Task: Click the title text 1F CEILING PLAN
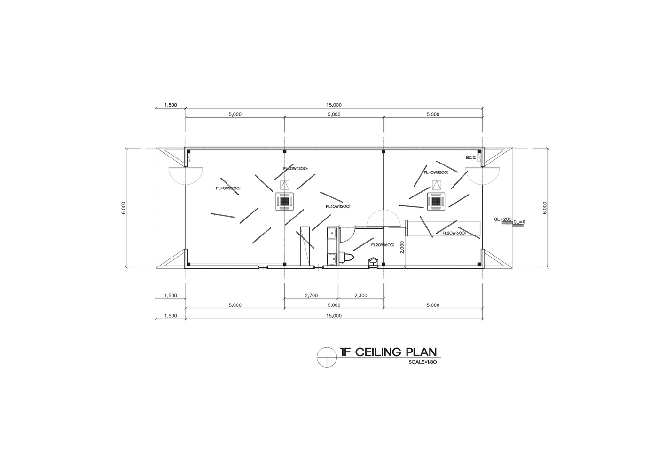(x=388, y=352)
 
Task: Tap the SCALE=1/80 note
(x=423, y=362)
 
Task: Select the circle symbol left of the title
(x=326, y=357)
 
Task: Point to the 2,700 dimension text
(x=311, y=296)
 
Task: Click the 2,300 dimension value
(x=360, y=296)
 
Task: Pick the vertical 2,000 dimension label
(x=402, y=247)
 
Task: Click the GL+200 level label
(x=502, y=219)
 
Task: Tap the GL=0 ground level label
(x=519, y=222)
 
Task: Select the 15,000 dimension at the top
(x=334, y=105)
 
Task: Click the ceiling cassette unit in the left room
(x=284, y=202)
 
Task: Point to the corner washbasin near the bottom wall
(x=374, y=261)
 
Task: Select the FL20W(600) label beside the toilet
(x=382, y=245)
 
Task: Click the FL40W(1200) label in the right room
(x=436, y=172)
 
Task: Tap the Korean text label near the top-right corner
(x=470, y=157)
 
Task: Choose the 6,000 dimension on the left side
(x=123, y=207)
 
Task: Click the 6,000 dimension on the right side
(x=544, y=207)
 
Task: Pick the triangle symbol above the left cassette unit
(x=284, y=185)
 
